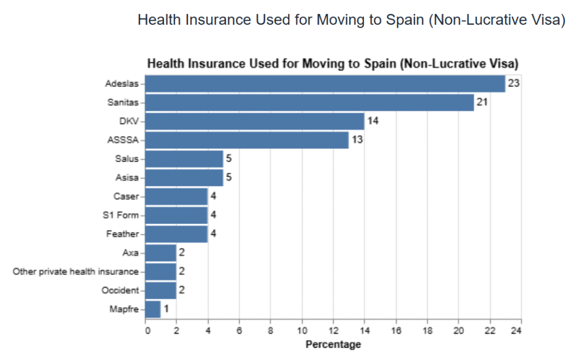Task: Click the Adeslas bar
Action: (325, 84)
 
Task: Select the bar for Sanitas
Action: (309, 102)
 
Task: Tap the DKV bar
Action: (255, 121)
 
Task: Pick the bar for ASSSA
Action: (247, 140)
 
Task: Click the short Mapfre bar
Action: (153, 309)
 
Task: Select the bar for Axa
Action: (161, 253)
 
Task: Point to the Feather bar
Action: (177, 234)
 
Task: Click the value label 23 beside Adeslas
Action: (513, 84)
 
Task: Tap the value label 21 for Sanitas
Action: (482, 102)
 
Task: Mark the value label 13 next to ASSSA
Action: (357, 140)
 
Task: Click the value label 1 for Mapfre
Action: (166, 309)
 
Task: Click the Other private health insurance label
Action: (75, 272)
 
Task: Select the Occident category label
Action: (120, 290)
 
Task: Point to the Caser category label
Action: (126, 196)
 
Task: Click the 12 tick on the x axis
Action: (333, 330)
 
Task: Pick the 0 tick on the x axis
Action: (147, 330)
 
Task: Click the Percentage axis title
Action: (333, 344)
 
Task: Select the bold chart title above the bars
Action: (332, 63)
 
